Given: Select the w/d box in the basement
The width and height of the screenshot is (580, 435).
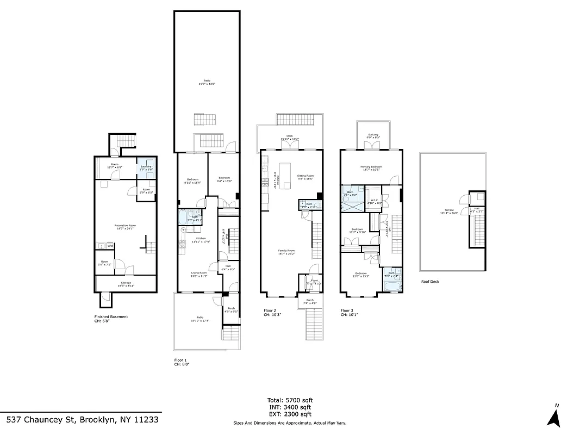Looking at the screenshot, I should [x=110, y=246].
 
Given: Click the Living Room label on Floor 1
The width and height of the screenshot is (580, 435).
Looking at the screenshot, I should [x=198, y=274].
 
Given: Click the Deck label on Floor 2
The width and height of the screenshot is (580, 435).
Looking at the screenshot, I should [x=289, y=138].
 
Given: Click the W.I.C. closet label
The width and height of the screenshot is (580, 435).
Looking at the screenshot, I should [x=376, y=201].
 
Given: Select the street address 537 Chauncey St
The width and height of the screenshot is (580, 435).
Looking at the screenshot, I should [x=83, y=420].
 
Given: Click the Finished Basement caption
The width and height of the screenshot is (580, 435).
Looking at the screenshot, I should [x=111, y=317].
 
